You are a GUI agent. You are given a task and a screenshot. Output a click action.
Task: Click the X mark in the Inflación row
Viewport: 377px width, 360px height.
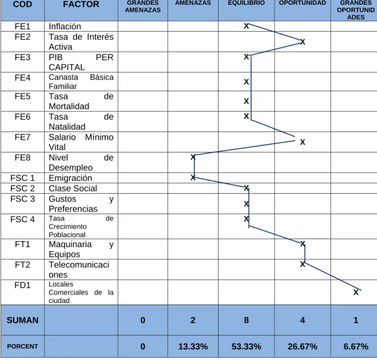pyautogui.click(x=246, y=26)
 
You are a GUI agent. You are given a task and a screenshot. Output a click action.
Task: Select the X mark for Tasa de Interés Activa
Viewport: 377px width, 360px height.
pyautogui.click(x=303, y=42)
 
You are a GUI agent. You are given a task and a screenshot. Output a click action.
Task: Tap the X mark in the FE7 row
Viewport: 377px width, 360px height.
pyautogui.click(x=303, y=142)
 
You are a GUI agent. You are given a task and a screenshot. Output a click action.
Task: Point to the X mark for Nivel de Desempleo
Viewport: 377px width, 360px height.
pyautogui.click(x=193, y=157)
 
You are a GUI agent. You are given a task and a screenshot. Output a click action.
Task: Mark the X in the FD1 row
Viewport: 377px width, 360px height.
pyautogui.click(x=356, y=292)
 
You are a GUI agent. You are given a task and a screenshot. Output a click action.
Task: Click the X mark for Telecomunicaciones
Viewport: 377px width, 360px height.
pyautogui.click(x=303, y=264)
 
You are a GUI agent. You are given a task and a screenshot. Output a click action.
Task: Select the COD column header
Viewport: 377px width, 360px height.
pyautogui.click(x=22, y=4)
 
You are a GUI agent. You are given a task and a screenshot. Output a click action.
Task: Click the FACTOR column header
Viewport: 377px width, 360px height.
pyautogui.click(x=81, y=4)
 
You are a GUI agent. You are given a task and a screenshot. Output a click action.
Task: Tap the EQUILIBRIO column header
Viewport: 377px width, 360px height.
pyautogui.click(x=246, y=3)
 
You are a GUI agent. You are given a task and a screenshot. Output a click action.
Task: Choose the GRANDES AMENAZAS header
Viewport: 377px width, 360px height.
pyautogui.click(x=143, y=6)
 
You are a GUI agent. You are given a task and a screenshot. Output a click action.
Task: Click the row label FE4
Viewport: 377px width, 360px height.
pyautogui.click(x=22, y=78)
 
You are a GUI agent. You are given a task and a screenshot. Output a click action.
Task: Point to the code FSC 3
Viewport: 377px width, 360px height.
pyautogui.click(x=22, y=199)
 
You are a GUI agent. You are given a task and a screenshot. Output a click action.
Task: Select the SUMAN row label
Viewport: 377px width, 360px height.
pyautogui.click(x=22, y=320)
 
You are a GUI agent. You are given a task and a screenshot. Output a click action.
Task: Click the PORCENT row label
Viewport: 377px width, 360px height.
pyautogui.click(x=22, y=346)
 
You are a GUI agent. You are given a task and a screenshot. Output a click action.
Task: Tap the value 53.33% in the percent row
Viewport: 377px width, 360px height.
pyautogui.click(x=246, y=347)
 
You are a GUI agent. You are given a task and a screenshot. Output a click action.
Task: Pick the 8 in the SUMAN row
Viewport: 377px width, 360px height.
pyautogui.click(x=246, y=320)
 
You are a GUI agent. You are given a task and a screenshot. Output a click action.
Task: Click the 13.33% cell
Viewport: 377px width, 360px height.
pyautogui.click(x=193, y=347)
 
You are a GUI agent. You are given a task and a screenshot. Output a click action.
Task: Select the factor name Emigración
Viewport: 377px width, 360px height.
pyautogui.click(x=70, y=178)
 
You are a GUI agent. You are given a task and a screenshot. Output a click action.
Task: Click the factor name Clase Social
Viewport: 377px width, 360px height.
pyautogui.click(x=73, y=188)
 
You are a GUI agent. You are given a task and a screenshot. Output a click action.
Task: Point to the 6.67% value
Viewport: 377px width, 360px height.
pyautogui.click(x=356, y=347)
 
